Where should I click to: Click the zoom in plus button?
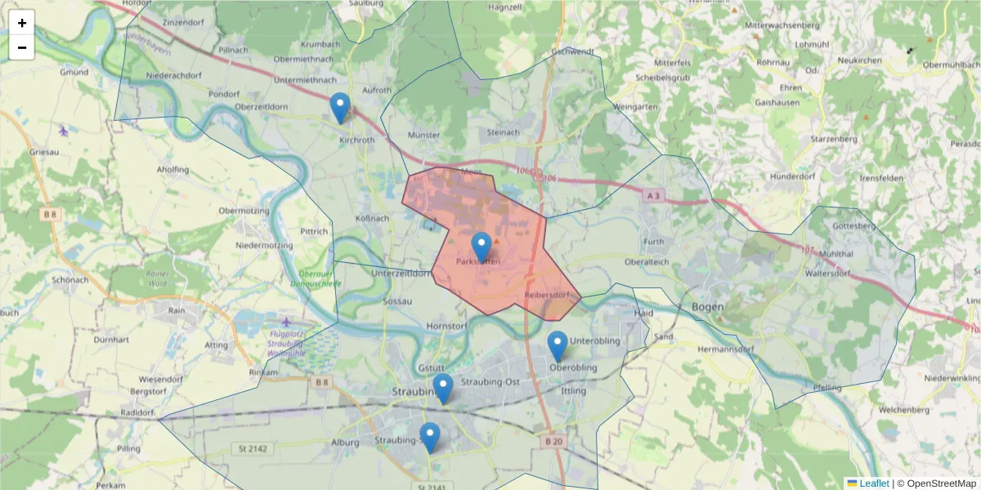point(22,23)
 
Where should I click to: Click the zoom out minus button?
point(22,47)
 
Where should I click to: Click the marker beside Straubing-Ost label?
point(443,389)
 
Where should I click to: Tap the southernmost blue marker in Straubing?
point(430,438)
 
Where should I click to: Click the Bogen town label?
point(707,306)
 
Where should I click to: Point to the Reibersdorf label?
point(546,294)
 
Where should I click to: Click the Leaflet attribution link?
point(873,483)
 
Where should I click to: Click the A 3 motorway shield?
point(652,196)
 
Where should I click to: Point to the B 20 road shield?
point(553,442)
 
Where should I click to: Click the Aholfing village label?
point(172,170)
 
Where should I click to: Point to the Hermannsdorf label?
point(724,350)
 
